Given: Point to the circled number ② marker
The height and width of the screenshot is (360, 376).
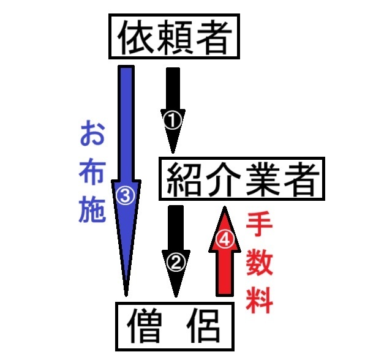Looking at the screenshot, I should (x=175, y=263).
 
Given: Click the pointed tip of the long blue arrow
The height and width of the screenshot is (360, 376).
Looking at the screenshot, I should (x=127, y=295).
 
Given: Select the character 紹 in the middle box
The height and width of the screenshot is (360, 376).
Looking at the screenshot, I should (x=184, y=179).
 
